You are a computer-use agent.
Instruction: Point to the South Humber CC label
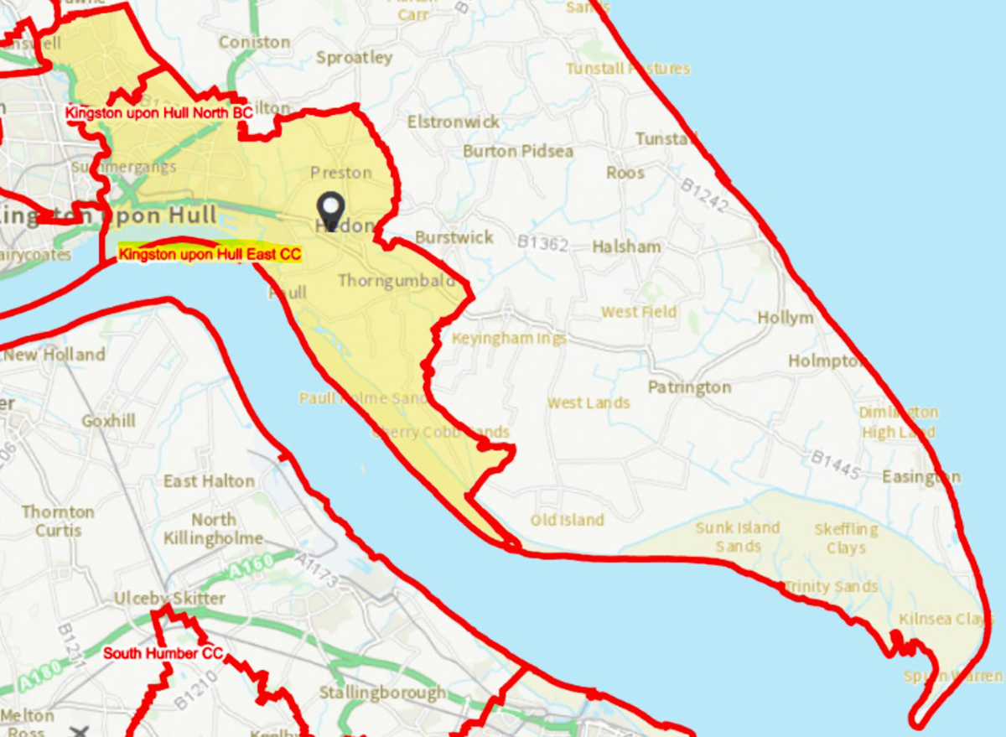pyautogui.click(x=163, y=653)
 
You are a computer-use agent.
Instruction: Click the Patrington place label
pyautogui.click(x=689, y=387)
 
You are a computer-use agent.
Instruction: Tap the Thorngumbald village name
pyautogui.click(x=397, y=281)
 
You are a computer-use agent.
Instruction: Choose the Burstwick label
pyautogui.click(x=454, y=237)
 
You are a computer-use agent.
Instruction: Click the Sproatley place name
pyautogui.click(x=355, y=58)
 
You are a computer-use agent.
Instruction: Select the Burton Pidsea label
pyautogui.click(x=518, y=152)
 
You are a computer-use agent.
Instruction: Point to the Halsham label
pyautogui.click(x=626, y=247)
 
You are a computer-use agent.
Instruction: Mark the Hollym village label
pyautogui.click(x=786, y=318)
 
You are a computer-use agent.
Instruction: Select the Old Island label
pyautogui.click(x=567, y=520)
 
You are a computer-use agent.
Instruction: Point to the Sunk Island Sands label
pyautogui.click(x=738, y=537)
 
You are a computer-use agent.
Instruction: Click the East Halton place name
pyautogui.click(x=209, y=481)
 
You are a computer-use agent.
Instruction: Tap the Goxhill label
pyautogui.click(x=108, y=421)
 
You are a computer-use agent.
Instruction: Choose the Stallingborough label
pyautogui.click(x=382, y=693)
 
